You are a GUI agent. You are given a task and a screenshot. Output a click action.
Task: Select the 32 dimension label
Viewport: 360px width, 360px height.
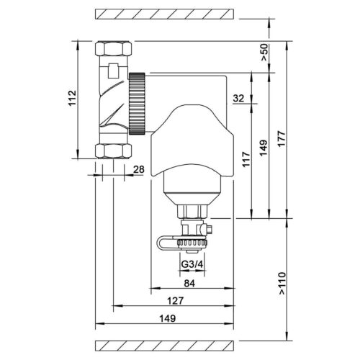(240, 99)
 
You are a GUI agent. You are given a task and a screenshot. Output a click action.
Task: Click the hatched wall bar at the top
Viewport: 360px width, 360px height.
(165, 14)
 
